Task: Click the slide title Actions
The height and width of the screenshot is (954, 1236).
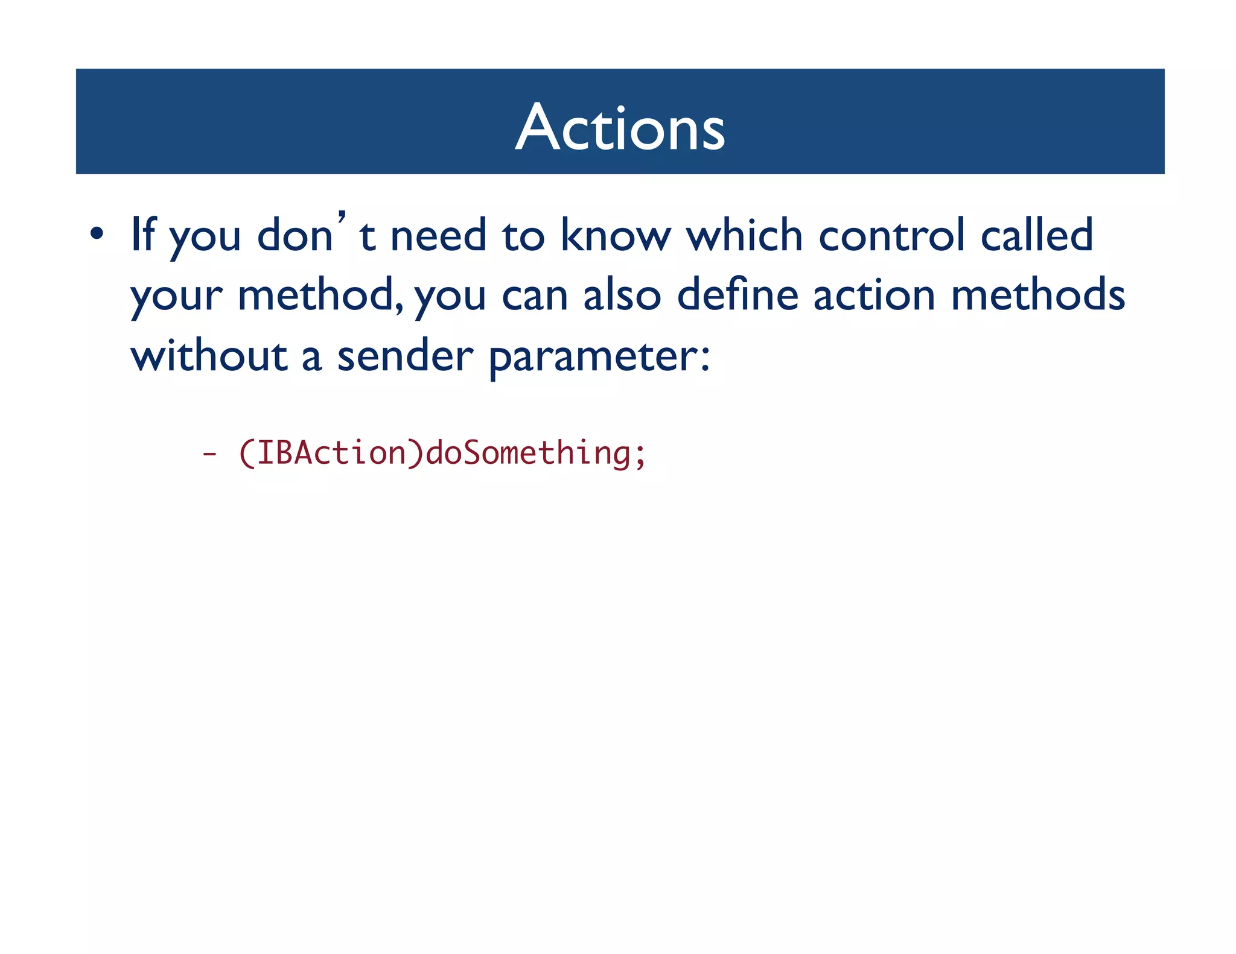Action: coord(620,127)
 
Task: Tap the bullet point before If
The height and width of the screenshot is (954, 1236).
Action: coord(97,234)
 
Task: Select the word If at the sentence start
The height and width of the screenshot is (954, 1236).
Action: coord(143,234)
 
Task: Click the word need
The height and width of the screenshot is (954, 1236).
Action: coord(438,235)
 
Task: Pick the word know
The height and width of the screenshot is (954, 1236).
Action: coord(615,235)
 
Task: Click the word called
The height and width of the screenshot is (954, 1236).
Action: coord(1036,235)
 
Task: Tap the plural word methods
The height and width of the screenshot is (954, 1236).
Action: coord(1037,295)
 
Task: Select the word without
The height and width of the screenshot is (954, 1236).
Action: coord(209,356)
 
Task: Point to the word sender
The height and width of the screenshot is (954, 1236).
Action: coord(405,356)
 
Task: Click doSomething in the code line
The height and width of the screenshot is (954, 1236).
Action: coord(528,453)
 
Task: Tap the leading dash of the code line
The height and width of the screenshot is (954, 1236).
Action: coord(209,453)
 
